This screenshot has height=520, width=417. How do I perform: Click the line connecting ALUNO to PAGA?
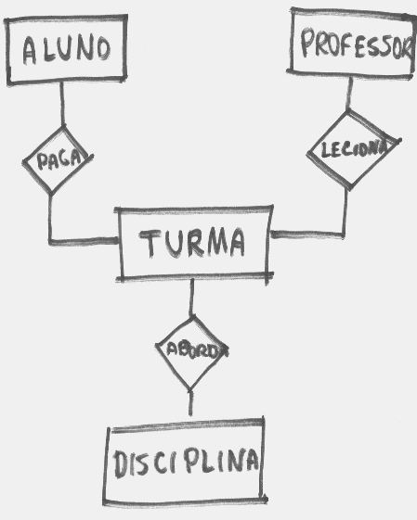point(62,105)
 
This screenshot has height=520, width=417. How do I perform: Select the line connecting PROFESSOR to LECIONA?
point(349,95)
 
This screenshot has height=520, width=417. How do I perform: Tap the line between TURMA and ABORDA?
point(191,298)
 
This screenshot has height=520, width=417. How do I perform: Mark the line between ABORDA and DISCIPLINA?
point(190,402)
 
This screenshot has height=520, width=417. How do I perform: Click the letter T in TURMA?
point(149,244)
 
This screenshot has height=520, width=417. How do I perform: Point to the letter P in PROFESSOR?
point(307,42)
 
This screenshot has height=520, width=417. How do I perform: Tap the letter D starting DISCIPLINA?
point(121,463)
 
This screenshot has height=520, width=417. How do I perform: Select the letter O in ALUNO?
point(104,49)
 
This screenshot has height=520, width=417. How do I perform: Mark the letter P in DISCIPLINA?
point(192,461)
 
